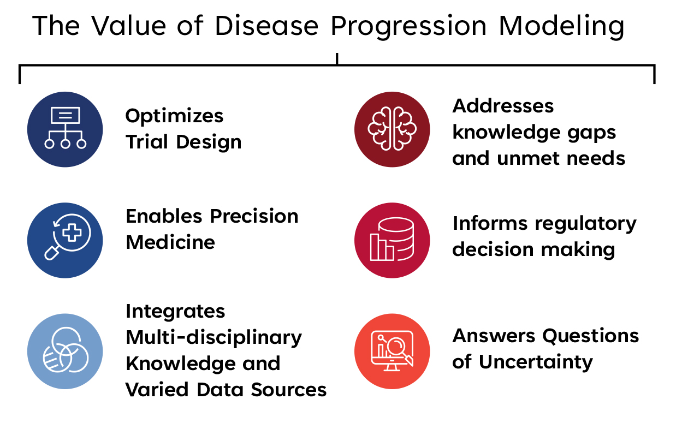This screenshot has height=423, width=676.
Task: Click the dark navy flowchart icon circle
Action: click(65, 129)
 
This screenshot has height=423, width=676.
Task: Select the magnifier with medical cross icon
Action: click(65, 240)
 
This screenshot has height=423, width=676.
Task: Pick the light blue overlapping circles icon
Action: click(65, 351)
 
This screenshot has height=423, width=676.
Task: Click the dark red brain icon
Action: click(392, 129)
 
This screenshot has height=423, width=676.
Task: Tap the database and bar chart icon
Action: click(392, 240)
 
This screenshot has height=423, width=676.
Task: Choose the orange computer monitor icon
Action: click(392, 351)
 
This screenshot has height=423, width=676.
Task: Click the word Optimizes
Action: click(174, 116)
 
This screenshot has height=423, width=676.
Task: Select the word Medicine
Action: click(170, 242)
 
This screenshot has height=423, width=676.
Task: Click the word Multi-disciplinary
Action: click(214, 338)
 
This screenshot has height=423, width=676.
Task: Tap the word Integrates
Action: click(175, 312)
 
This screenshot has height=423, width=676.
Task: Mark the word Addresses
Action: click(503, 105)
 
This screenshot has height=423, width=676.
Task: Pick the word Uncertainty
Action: click(536, 361)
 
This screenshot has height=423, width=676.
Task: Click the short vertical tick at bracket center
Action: click(337, 58)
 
